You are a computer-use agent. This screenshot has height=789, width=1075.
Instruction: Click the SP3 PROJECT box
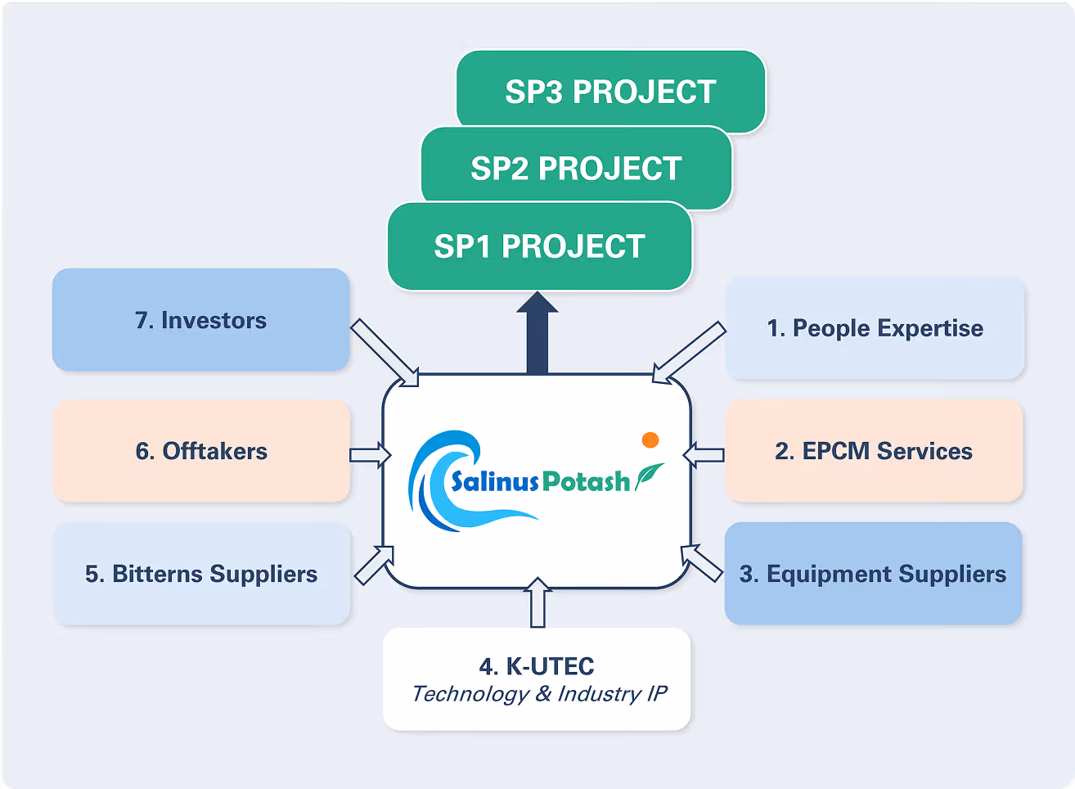point(610,92)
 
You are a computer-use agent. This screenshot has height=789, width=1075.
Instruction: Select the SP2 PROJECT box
point(576,168)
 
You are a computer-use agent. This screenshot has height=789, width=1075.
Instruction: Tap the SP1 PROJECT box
point(539,246)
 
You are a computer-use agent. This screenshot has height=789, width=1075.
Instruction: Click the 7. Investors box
point(201,320)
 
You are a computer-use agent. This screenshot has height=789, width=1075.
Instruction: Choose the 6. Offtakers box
point(201,451)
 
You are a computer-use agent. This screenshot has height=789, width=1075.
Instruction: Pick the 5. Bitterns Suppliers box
point(201,574)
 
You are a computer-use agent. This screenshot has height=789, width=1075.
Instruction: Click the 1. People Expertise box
point(875,328)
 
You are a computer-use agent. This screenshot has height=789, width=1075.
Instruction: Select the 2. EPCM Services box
point(874,451)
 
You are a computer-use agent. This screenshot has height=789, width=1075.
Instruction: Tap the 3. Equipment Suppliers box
point(873,574)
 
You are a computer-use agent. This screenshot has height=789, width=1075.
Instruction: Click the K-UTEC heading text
point(537,666)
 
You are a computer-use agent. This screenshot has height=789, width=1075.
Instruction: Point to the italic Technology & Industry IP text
point(539,694)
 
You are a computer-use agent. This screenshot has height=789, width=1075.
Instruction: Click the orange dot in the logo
point(650,440)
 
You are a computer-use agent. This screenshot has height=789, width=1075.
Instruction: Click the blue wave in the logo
point(438,483)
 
